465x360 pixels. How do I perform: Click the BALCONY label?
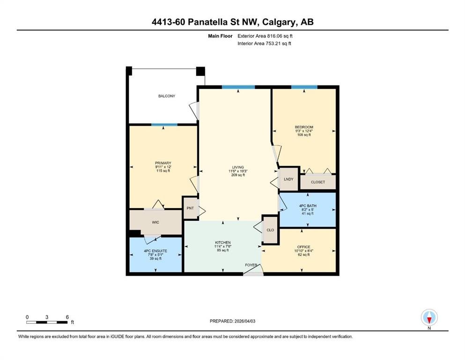pyautogui.click(x=167, y=96)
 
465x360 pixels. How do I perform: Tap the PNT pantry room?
pyautogui.click(x=190, y=208)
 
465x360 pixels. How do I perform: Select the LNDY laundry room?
pyautogui.click(x=288, y=179)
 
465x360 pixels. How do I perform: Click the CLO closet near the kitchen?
pyautogui.click(x=270, y=230)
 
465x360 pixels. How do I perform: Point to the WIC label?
pyautogui.click(x=155, y=222)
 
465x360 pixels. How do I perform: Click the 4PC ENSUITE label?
pyautogui.click(x=155, y=251)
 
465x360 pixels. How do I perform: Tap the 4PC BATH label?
pyautogui.click(x=308, y=206)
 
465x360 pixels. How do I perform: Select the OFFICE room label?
pyautogui.click(x=303, y=247)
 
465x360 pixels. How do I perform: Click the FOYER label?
pyautogui.click(x=251, y=265)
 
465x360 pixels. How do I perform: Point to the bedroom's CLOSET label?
pyautogui.click(x=318, y=182)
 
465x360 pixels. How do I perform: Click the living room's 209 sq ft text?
pyautogui.click(x=238, y=175)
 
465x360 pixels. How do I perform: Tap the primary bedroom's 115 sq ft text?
pyautogui.click(x=163, y=171)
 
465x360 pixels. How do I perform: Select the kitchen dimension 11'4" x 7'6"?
pyautogui.click(x=223, y=247)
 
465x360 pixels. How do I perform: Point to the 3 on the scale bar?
pyautogui.click(x=47, y=317)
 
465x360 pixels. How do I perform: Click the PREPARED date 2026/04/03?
pyautogui.click(x=245, y=321)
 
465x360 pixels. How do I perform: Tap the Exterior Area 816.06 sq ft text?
pyautogui.click(x=265, y=36)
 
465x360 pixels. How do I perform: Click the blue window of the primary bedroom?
pyautogui.click(x=164, y=125)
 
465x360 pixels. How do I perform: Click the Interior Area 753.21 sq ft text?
pyautogui.click(x=264, y=43)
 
